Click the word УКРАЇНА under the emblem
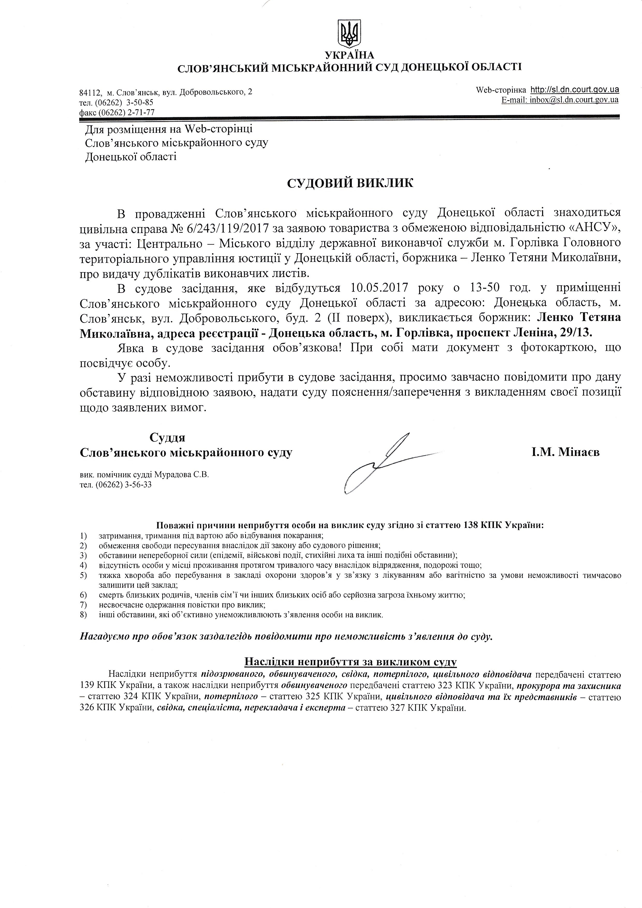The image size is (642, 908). tap(349, 55)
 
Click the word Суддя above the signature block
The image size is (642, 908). tap(167, 437)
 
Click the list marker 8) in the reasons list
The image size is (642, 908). tap(83, 615)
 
